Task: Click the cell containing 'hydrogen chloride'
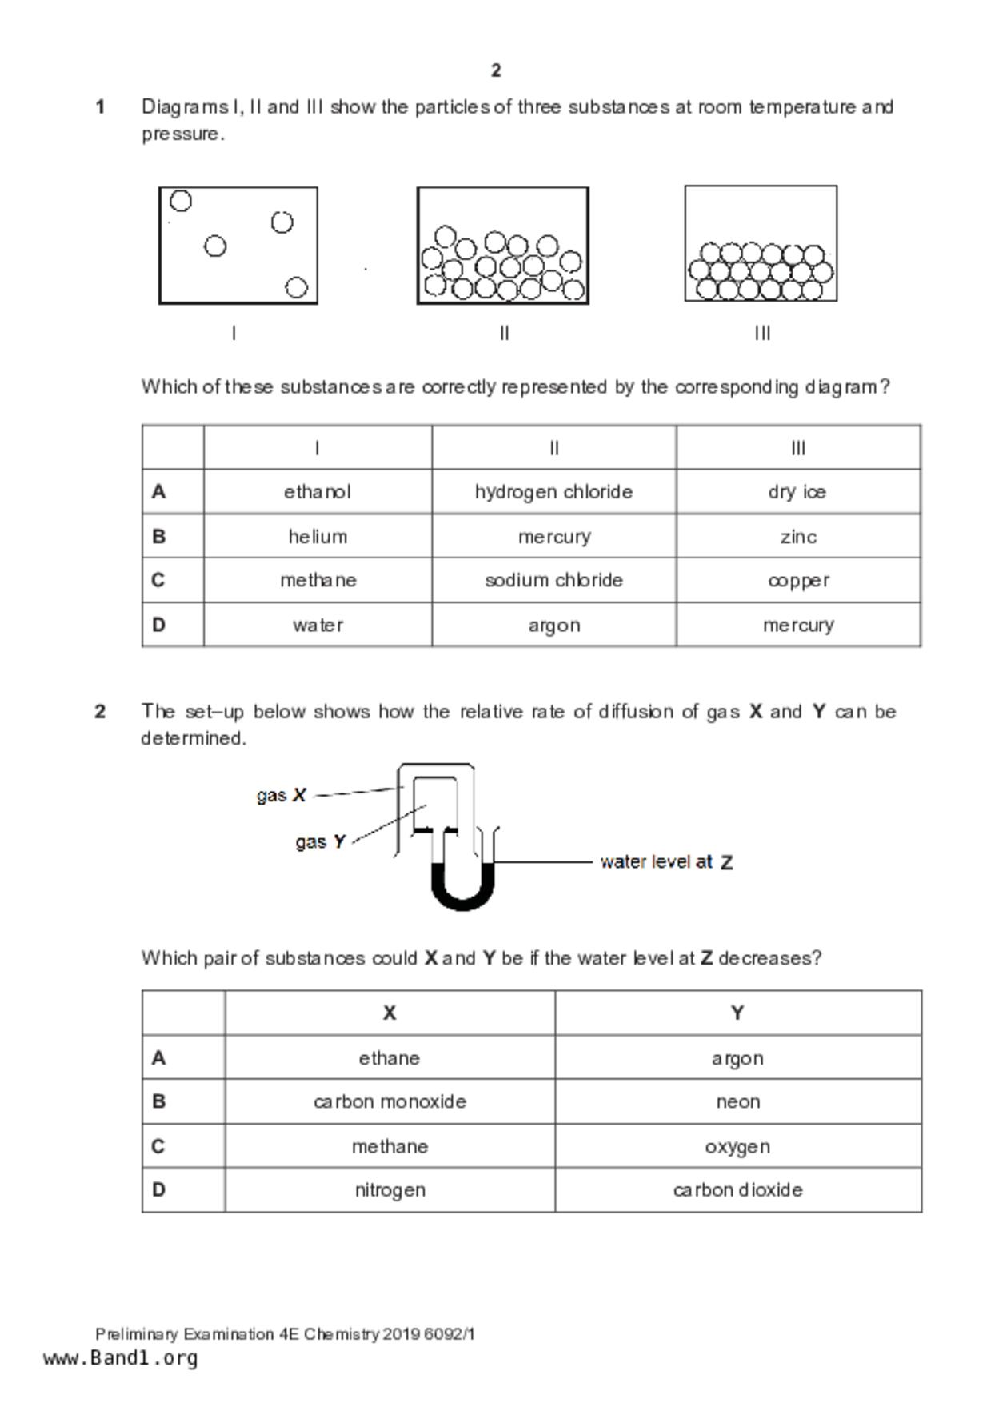[553, 491]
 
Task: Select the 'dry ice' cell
[797, 491]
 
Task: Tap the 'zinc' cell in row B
[797, 536]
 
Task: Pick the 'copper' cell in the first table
[797, 580]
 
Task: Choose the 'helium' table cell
[318, 536]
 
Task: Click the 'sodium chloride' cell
[553, 580]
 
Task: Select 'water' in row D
[318, 625]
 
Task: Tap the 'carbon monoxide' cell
[390, 1101]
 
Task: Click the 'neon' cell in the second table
[737, 1101]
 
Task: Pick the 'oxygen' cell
[737, 1146]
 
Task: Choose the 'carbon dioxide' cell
[737, 1189]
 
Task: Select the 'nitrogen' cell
[390, 1189]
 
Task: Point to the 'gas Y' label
[320, 841]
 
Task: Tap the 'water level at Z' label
[666, 862]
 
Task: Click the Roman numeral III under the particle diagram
[762, 333]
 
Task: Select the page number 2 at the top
[496, 70]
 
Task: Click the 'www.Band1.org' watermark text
[120, 1358]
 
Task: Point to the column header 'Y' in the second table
[737, 1013]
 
